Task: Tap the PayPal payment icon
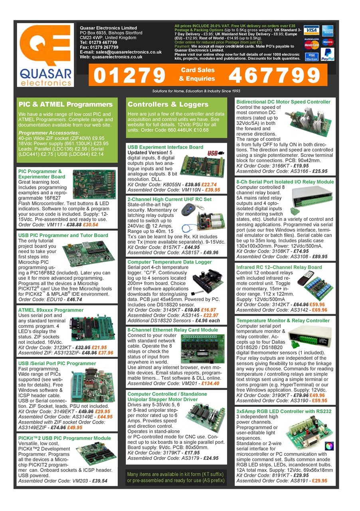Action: [327, 54]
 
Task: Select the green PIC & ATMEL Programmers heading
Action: [65, 105]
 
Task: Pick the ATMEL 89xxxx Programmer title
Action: [51, 310]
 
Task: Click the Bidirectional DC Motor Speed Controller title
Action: [283, 102]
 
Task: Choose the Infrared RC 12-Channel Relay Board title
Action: [279, 267]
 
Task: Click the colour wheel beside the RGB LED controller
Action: [329, 446]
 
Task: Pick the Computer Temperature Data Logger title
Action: [170, 262]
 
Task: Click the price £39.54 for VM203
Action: [100, 481]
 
